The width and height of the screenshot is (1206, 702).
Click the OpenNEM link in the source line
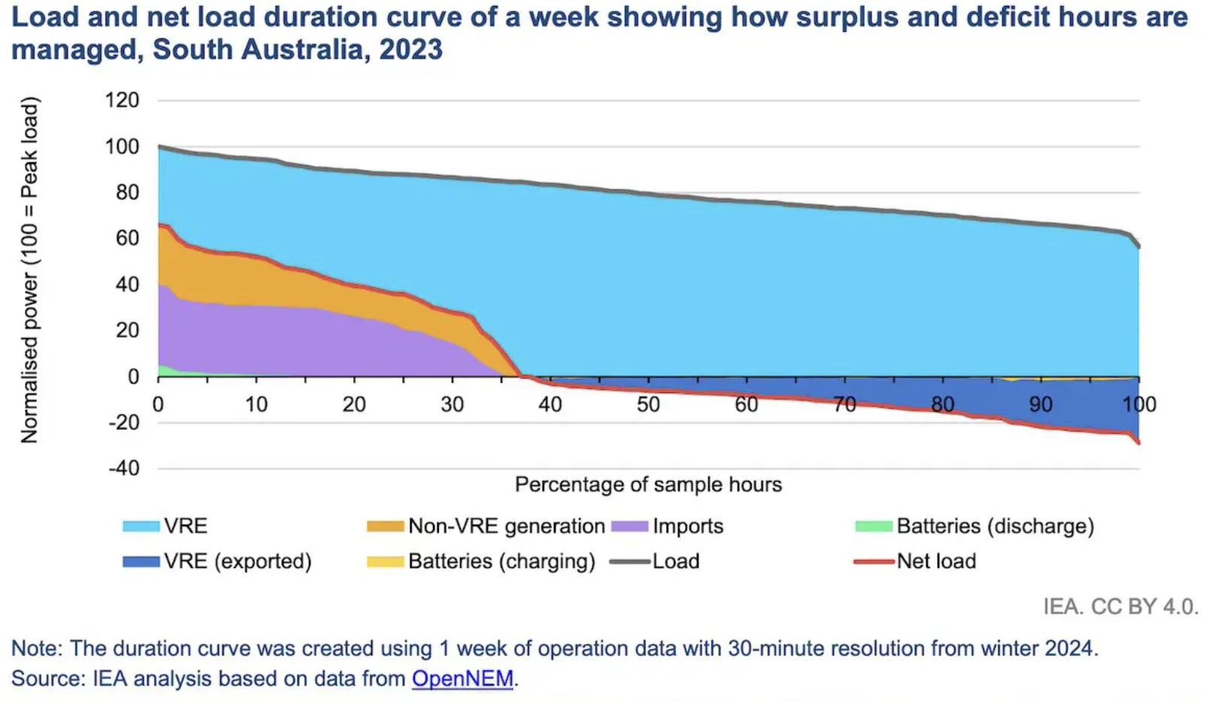[462, 678]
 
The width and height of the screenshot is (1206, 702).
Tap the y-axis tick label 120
[123, 100]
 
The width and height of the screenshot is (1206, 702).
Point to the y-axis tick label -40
[124, 468]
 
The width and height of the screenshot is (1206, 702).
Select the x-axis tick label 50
[648, 404]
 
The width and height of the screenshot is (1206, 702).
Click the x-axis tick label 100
[1138, 404]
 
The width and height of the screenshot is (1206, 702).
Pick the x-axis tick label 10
[256, 404]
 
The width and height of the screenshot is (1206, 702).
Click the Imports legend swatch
[630, 526]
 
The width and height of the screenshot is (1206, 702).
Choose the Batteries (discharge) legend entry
[975, 526]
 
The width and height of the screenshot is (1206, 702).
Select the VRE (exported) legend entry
[217, 561]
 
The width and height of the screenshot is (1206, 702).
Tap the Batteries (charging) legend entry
[481, 561]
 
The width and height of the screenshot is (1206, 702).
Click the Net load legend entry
[915, 561]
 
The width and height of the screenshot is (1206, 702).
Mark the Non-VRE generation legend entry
[486, 526]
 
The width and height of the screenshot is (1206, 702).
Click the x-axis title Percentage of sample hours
[648, 485]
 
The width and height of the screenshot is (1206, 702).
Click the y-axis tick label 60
[128, 238]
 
